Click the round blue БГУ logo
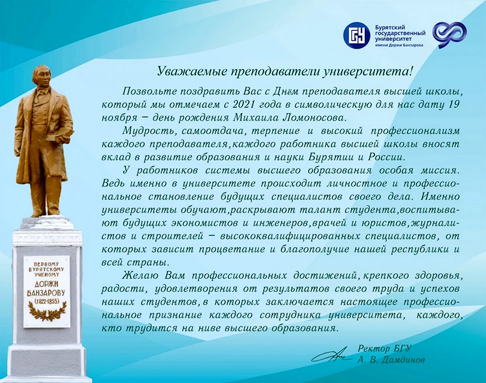coord(356,35)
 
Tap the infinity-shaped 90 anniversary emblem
coord(449,35)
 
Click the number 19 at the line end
coord(452,104)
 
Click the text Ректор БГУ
coord(385,349)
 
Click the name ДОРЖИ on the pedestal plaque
coord(47,285)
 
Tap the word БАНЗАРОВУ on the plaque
coord(47,293)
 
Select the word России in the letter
coord(386,157)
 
